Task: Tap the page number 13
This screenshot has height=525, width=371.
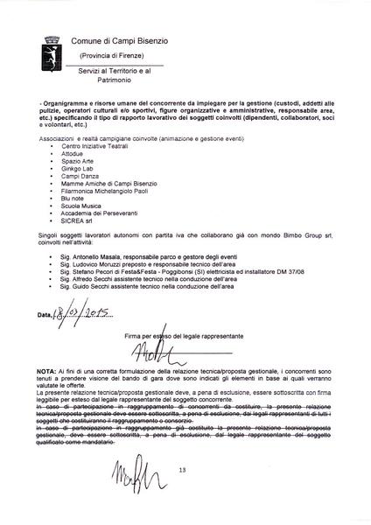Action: click(183, 495)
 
